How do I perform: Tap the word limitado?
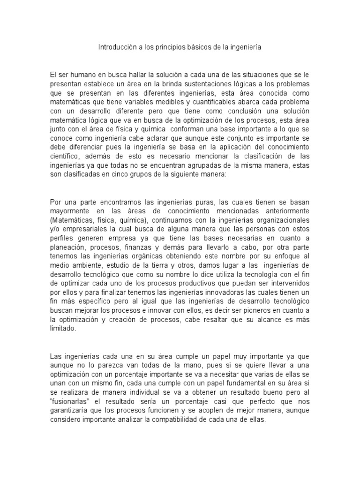click(62, 329)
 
